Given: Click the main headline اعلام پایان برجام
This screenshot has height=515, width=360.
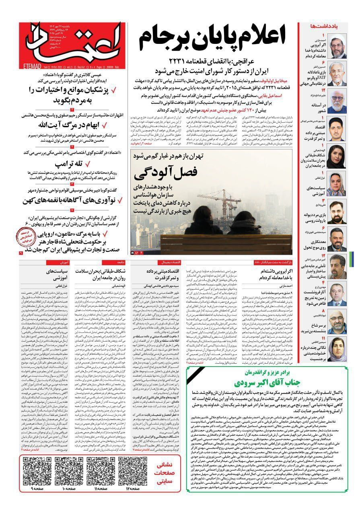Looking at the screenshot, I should click(x=214, y=40).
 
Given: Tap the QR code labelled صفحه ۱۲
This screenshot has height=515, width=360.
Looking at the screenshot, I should click(x=132, y=476).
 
